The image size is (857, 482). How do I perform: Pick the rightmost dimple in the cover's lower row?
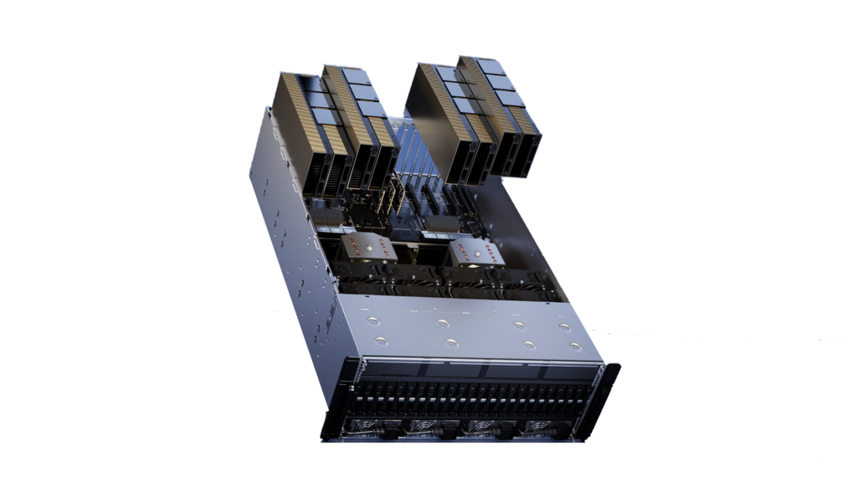point(575,345)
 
